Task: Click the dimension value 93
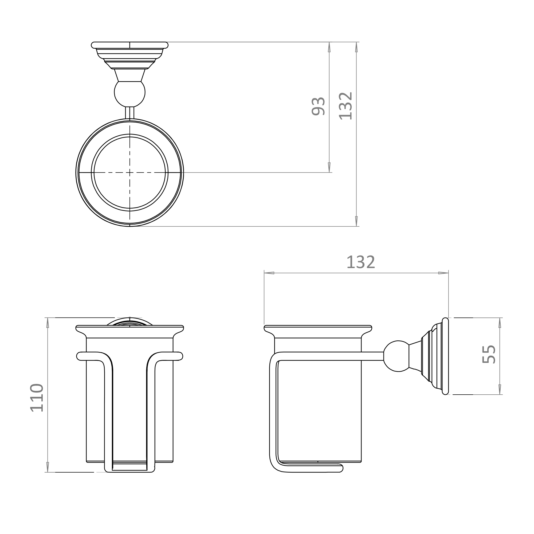click(x=318, y=107)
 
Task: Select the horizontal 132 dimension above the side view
click(x=360, y=262)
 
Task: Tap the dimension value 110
click(x=37, y=398)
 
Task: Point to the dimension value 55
click(x=489, y=354)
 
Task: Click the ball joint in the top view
click(x=130, y=94)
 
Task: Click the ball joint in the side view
click(x=396, y=356)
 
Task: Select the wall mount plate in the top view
click(x=130, y=45)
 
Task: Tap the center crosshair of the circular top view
click(x=130, y=172)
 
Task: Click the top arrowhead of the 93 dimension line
click(x=329, y=47)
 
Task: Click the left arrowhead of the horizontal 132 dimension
click(x=269, y=273)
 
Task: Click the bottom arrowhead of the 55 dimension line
click(x=500, y=389)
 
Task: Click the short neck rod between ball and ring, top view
click(x=130, y=113)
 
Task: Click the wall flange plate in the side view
click(x=445, y=356)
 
